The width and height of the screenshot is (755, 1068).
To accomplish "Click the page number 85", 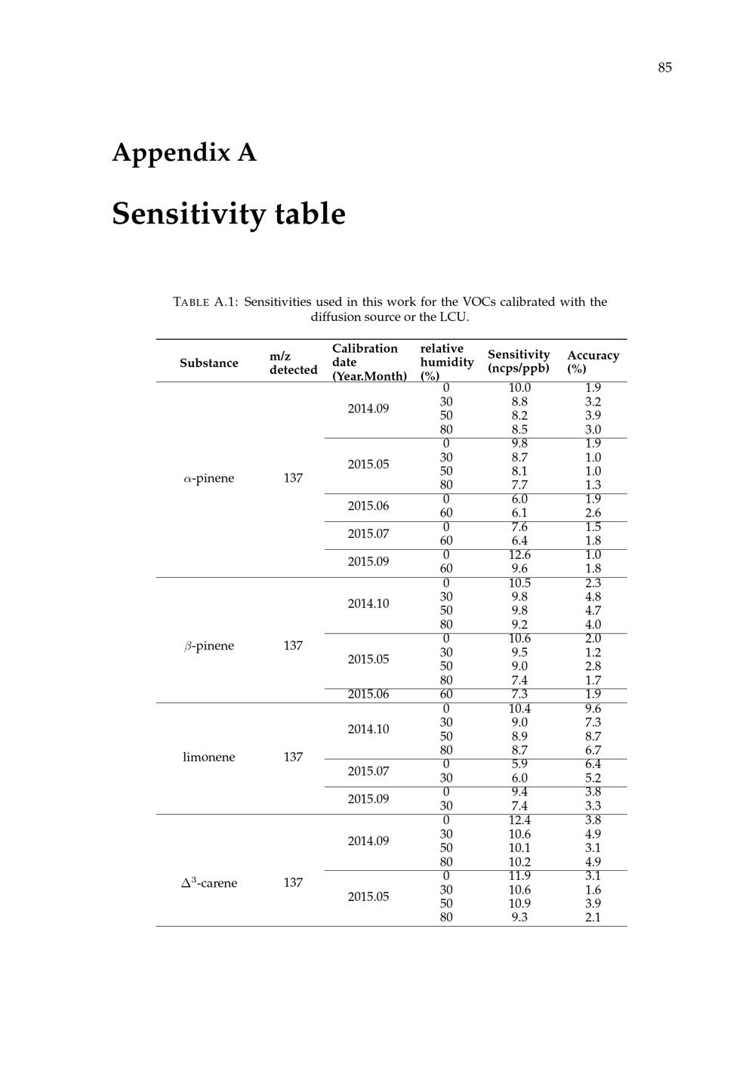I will tap(664, 68).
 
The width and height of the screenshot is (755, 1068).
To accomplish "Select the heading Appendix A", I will tap(184, 153).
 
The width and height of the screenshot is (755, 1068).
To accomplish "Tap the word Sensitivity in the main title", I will tap(189, 214).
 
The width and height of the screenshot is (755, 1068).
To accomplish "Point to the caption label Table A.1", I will tap(205, 302).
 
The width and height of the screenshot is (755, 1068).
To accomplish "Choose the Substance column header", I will tap(208, 363).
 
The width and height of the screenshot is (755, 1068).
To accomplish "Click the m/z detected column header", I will tap(293, 363).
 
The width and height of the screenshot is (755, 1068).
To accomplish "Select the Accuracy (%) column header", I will tap(593, 362).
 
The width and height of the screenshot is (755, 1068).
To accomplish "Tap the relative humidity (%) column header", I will tap(446, 362).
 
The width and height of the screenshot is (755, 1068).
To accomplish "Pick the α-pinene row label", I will tap(208, 478).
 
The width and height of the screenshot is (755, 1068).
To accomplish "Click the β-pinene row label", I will tap(208, 646).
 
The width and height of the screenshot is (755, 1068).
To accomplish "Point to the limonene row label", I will tap(208, 757).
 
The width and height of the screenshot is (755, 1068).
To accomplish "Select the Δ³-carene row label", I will tap(208, 883).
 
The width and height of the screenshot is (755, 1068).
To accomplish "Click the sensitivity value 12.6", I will tap(519, 555).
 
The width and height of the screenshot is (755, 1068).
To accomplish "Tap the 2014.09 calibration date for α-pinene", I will tap(368, 409).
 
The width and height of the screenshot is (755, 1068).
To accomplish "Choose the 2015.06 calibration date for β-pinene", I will tap(368, 694).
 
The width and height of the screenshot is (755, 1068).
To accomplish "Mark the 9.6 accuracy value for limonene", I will tap(593, 708).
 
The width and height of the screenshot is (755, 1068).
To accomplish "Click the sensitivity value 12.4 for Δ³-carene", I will tap(519, 820).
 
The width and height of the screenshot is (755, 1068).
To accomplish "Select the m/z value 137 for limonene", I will tap(293, 757).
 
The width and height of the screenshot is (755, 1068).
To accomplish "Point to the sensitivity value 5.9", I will tap(519, 764).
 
